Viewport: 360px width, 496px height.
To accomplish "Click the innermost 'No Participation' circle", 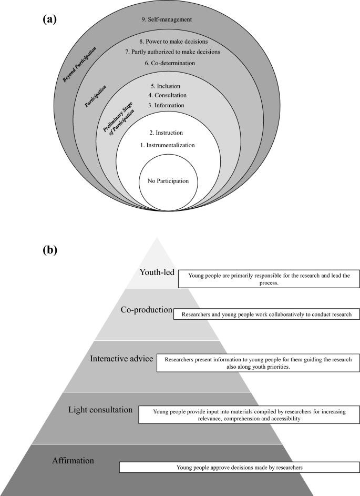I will tap(164, 181).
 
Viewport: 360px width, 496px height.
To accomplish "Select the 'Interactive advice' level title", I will tap(122, 358).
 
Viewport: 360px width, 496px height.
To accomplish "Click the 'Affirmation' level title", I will tap(73, 461).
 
